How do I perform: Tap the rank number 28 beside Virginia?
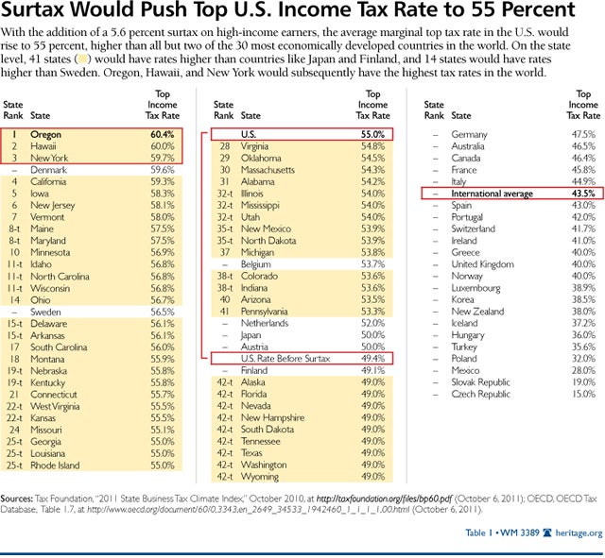(x=224, y=146)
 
